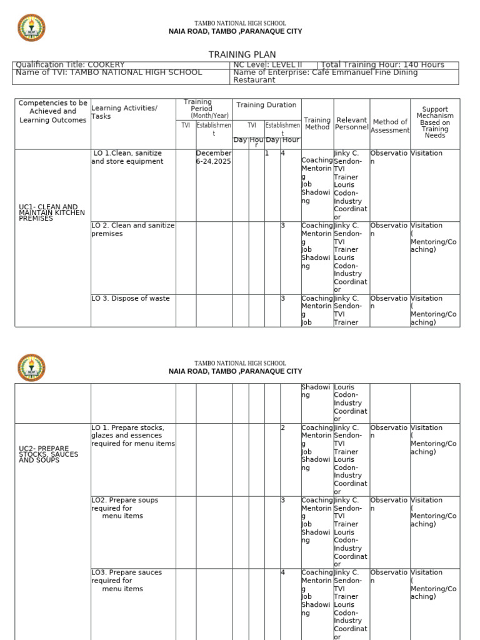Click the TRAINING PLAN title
click(x=242, y=55)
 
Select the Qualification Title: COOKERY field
click(x=70, y=64)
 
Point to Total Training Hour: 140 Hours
click(x=382, y=64)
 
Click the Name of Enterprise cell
click(x=325, y=76)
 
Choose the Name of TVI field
click(x=109, y=72)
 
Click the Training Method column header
click(x=317, y=124)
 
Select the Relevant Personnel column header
click(x=351, y=124)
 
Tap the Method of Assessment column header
click(x=390, y=126)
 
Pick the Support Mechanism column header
click(x=435, y=122)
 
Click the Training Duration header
click(x=266, y=105)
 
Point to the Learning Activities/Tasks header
click(x=124, y=112)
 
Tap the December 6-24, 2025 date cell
click(x=213, y=157)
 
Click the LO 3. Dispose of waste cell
click(x=131, y=299)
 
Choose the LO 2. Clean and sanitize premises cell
click(x=132, y=229)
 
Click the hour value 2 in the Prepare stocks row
click(x=283, y=428)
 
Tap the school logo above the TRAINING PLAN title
click(x=31, y=28)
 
